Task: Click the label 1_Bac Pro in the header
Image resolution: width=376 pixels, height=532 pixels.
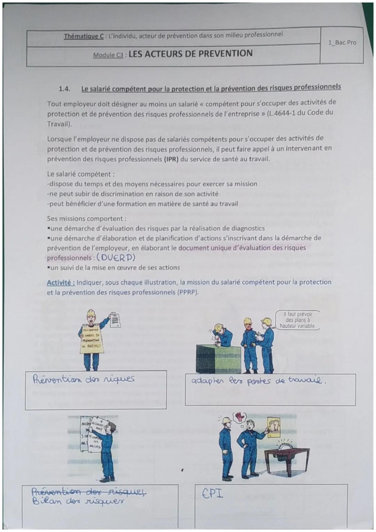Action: pyautogui.click(x=342, y=43)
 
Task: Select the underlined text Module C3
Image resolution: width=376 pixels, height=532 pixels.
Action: pyautogui.click(x=108, y=55)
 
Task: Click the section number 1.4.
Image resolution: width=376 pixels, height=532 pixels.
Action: pyautogui.click(x=65, y=89)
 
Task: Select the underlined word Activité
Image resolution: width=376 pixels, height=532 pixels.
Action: pyautogui.click(x=60, y=283)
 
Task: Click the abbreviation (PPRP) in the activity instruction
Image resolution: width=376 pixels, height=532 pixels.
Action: pyautogui.click(x=187, y=292)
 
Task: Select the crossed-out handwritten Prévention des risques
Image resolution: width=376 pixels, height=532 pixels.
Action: pyautogui.click(x=89, y=493)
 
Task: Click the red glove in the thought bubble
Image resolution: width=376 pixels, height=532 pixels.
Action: pyautogui.click(x=240, y=416)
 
